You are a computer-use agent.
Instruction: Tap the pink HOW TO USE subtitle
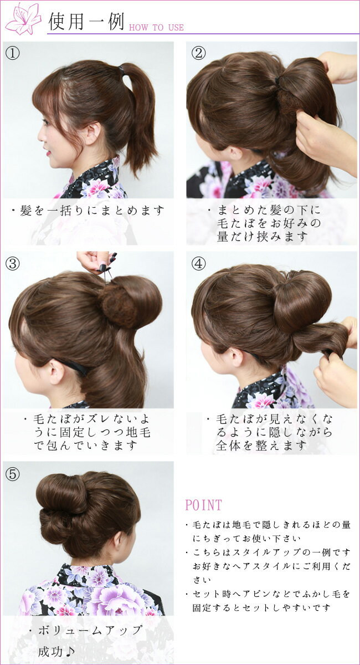(156, 27)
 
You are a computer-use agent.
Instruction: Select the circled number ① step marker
(12, 53)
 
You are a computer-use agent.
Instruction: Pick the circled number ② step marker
(198, 53)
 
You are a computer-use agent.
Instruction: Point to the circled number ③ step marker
(12, 263)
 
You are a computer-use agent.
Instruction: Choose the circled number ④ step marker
(198, 263)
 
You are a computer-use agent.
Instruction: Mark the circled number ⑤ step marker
(12, 473)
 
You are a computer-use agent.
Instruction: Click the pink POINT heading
(203, 505)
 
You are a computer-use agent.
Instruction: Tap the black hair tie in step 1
(121, 70)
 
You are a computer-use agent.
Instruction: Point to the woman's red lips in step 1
(48, 151)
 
